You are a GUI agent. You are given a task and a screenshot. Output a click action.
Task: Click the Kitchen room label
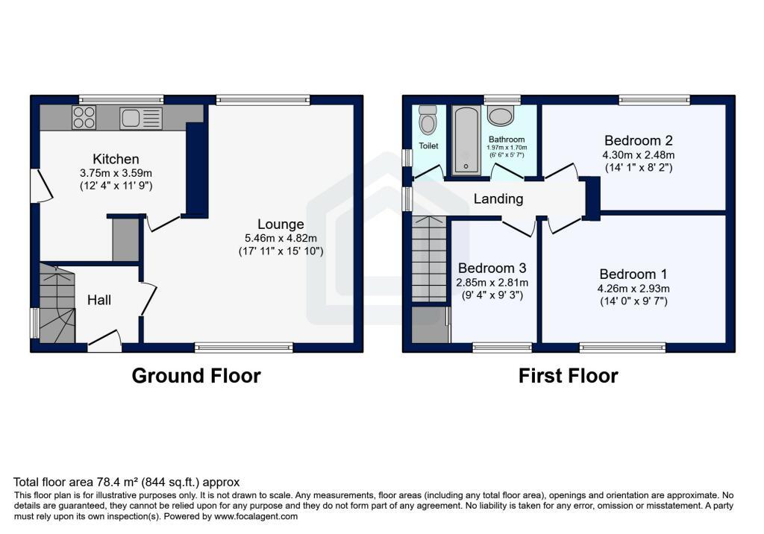tap(116, 159)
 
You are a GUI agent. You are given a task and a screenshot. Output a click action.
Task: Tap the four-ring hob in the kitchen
tap(84, 117)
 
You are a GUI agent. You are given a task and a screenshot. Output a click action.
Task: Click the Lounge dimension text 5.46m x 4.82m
tap(281, 238)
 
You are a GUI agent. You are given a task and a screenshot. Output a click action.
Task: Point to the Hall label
tap(99, 300)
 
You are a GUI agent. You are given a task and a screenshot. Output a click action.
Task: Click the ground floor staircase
tap(57, 303)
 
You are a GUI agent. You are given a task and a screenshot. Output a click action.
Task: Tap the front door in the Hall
tap(104, 341)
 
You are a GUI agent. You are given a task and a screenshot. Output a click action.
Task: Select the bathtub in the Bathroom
tap(466, 140)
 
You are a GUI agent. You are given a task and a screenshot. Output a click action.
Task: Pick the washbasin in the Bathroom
tap(500, 115)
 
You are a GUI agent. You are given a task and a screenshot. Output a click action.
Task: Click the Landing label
tap(498, 199)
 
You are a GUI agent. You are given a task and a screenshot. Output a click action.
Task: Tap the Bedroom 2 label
tap(639, 141)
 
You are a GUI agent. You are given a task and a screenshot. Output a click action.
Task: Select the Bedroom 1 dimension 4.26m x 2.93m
tap(633, 289)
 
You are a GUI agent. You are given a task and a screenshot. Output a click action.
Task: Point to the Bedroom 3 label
tap(492, 268)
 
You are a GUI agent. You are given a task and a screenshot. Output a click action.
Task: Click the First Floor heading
tap(568, 376)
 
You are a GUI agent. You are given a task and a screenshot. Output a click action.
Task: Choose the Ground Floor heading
tap(196, 376)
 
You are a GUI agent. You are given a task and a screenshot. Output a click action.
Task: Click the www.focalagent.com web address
tap(256, 516)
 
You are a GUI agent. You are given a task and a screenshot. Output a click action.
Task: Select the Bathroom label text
tap(507, 139)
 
